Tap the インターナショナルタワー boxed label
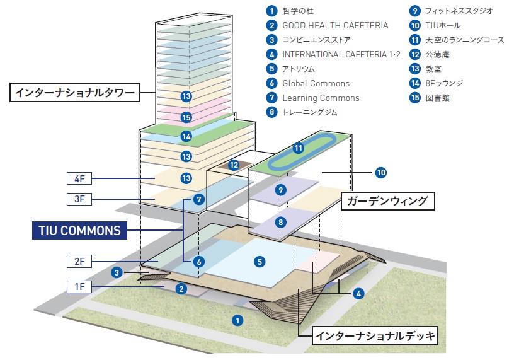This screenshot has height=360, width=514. pyautogui.click(x=74, y=93)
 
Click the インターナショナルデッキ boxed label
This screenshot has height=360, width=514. pyautogui.click(x=374, y=335)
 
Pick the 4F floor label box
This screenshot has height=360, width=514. pyautogui.click(x=79, y=178)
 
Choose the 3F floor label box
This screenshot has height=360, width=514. pyautogui.click(x=79, y=199)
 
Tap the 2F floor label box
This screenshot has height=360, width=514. pyautogui.click(x=79, y=261)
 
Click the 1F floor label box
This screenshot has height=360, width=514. pyautogui.click(x=79, y=287)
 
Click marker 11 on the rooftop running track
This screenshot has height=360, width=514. pyautogui.click(x=299, y=148)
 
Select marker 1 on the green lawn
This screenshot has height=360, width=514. pyautogui.click(x=237, y=320)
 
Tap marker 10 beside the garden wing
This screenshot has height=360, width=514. pyautogui.click(x=380, y=171)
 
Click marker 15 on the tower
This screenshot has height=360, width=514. pyautogui.click(x=186, y=117)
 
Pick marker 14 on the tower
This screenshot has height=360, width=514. pyautogui.click(x=186, y=136)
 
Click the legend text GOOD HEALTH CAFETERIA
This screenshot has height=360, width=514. pyautogui.click(x=334, y=26)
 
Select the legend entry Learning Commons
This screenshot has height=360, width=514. pyautogui.click(x=321, y=98)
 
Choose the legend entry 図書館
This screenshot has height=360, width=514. pyautogui.click(x=437, y=98)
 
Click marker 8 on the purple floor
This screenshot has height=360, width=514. pyautogui.click(x=281, y=222)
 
